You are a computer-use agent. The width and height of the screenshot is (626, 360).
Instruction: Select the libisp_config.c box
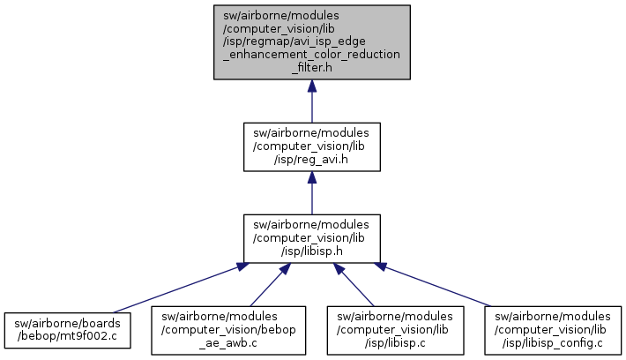coord(553,328)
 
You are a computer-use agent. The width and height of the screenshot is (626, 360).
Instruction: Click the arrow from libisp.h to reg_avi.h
coord(312,194)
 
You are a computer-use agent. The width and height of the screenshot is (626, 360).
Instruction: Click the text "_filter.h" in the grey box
coord(312,66)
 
